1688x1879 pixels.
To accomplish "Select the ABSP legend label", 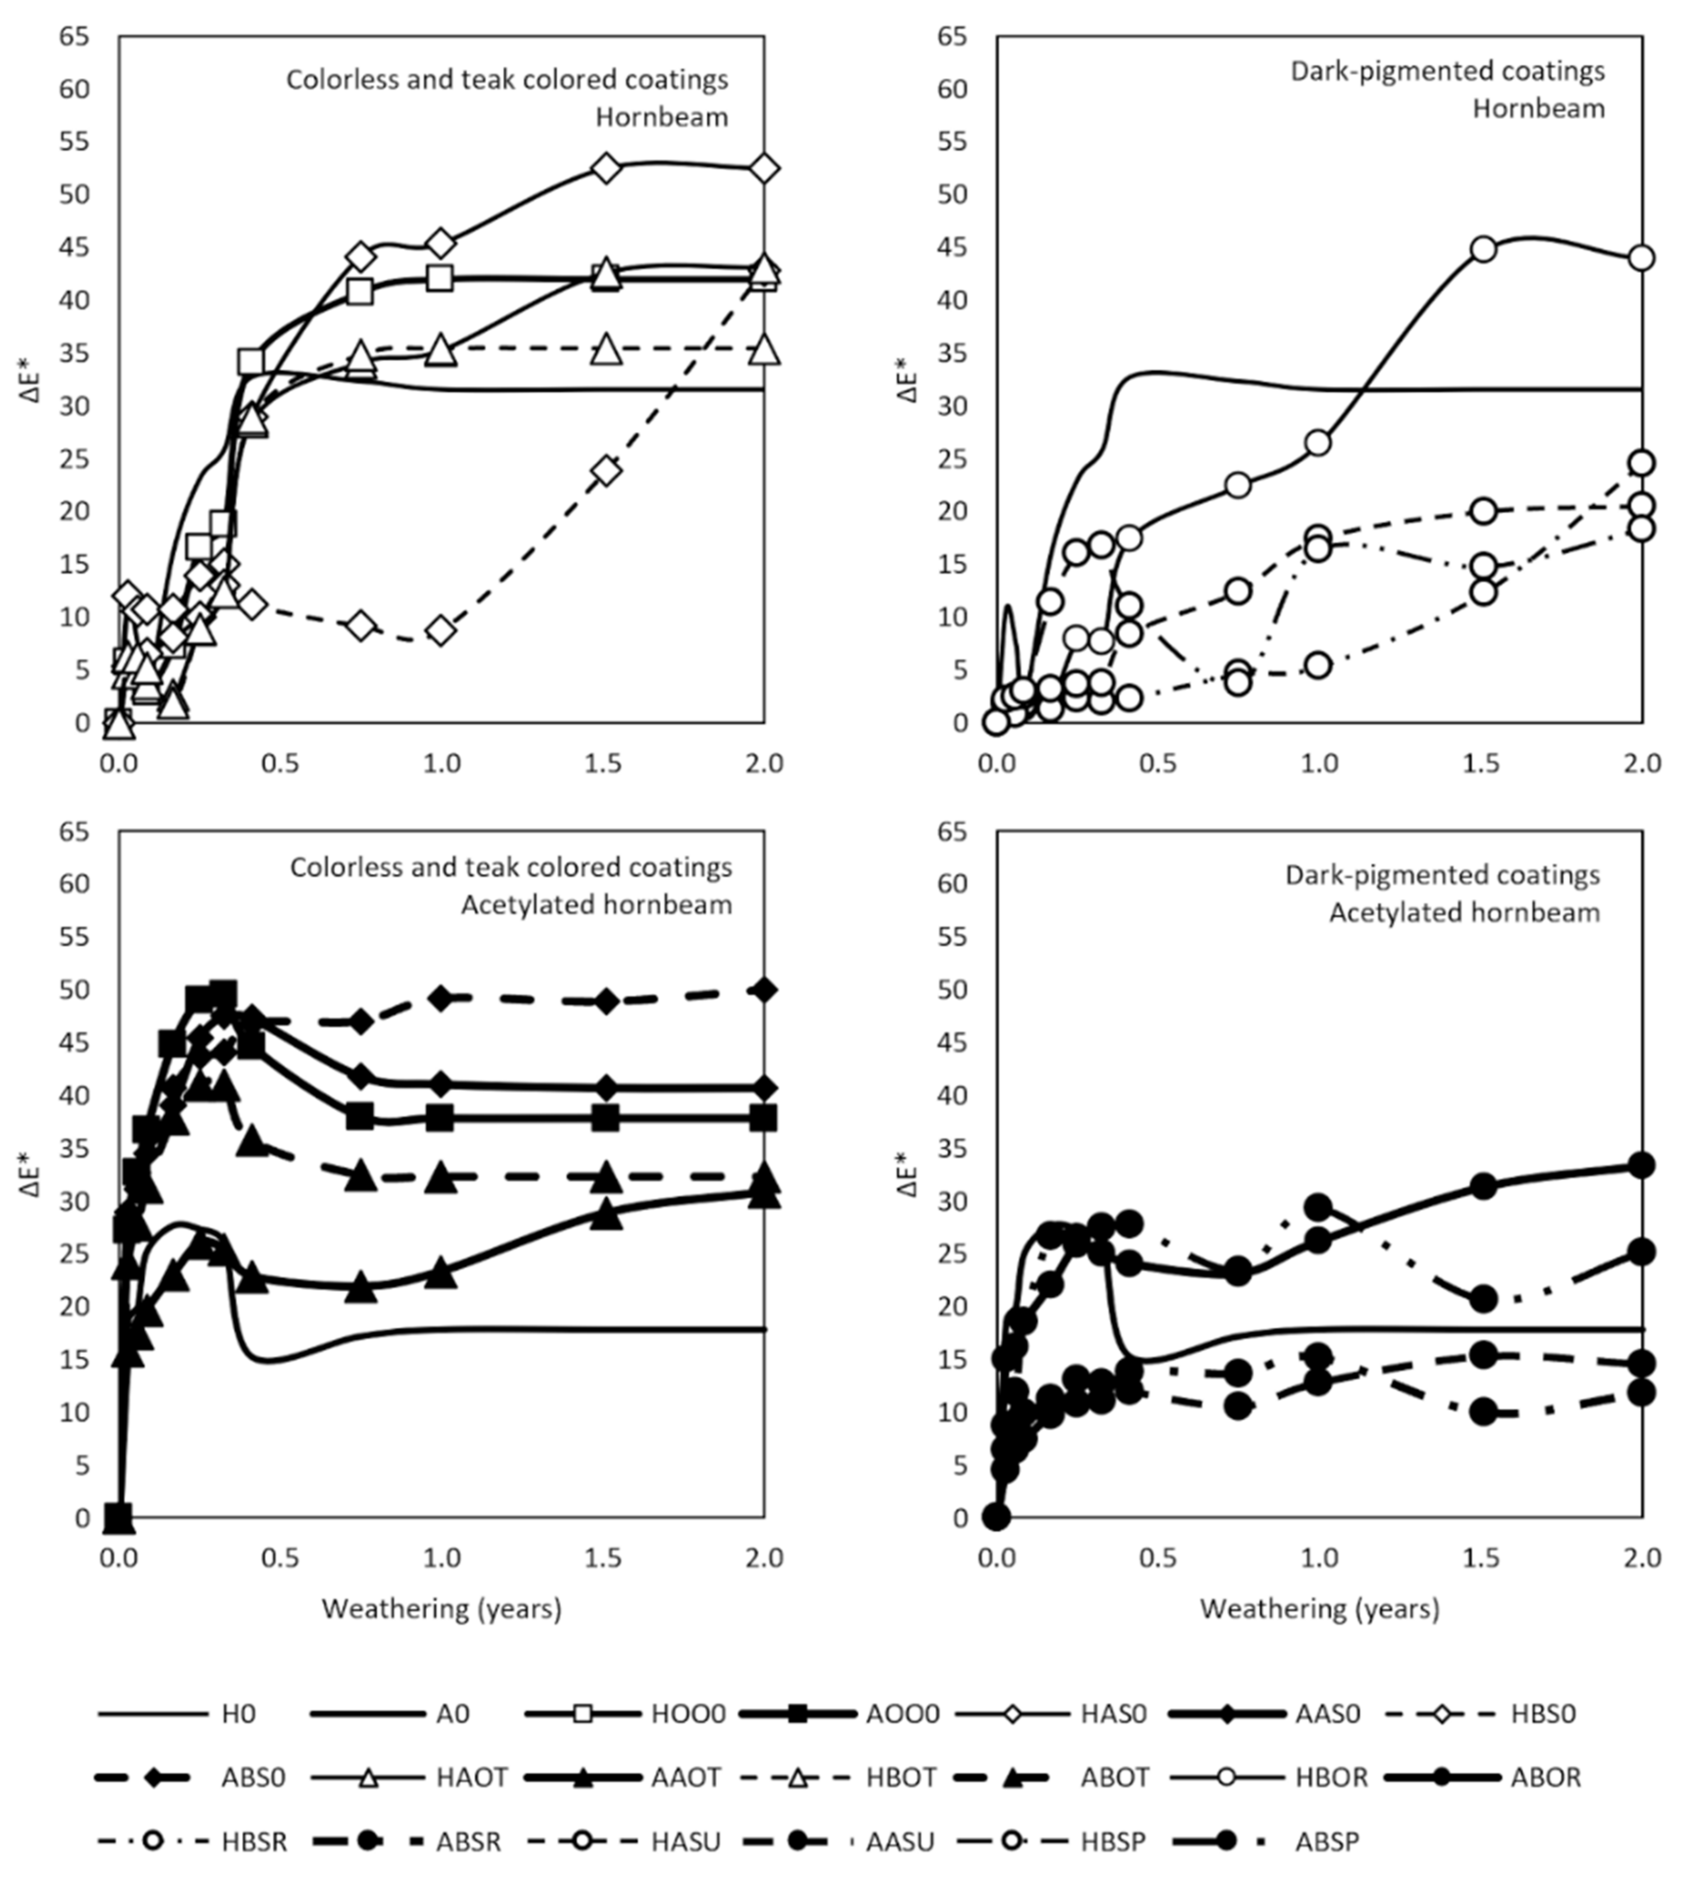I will coord(1327,1841).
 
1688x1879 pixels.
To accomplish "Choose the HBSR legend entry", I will coord(253,1841).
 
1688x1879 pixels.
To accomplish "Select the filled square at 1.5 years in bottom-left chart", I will coord(605,1117).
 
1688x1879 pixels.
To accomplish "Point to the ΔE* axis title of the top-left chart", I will coord(32,380).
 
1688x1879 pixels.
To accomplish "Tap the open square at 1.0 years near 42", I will coord(440,277).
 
